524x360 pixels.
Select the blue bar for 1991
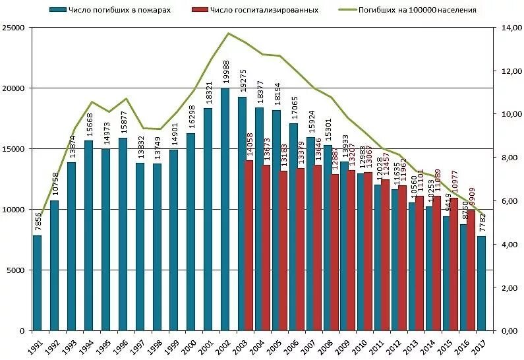(38, 283)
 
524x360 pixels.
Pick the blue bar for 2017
(482, 284)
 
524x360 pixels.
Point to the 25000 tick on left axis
(15, 28)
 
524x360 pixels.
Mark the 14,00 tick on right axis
(508, 28)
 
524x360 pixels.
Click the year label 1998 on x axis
(155, 346)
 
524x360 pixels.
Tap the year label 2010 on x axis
(359, 346)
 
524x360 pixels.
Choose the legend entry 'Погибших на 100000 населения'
(417, 10)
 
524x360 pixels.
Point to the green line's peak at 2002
(228, 34)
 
